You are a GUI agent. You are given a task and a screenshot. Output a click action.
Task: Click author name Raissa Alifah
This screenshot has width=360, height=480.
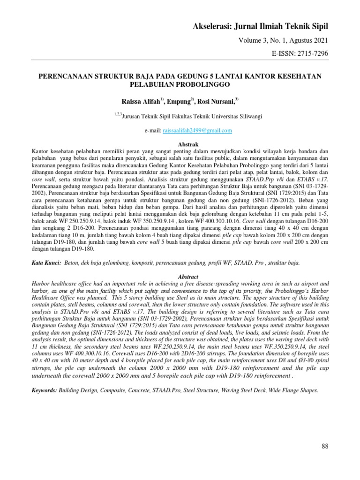tap(140, 100)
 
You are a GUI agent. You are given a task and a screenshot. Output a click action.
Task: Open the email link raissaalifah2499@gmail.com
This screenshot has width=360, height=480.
tap(197, 131)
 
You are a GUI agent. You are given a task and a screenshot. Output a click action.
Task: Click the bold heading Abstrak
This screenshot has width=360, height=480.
tap(180, 144)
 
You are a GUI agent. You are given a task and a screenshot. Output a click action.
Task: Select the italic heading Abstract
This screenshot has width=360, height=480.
tap(180, 277)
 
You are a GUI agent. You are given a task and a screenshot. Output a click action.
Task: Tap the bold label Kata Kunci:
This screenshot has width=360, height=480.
tap(46, 264)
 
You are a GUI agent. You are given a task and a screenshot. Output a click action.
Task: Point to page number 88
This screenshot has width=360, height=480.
tap(325, 446)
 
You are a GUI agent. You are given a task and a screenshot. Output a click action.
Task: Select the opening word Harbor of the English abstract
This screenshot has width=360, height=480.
tap(41, 284)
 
